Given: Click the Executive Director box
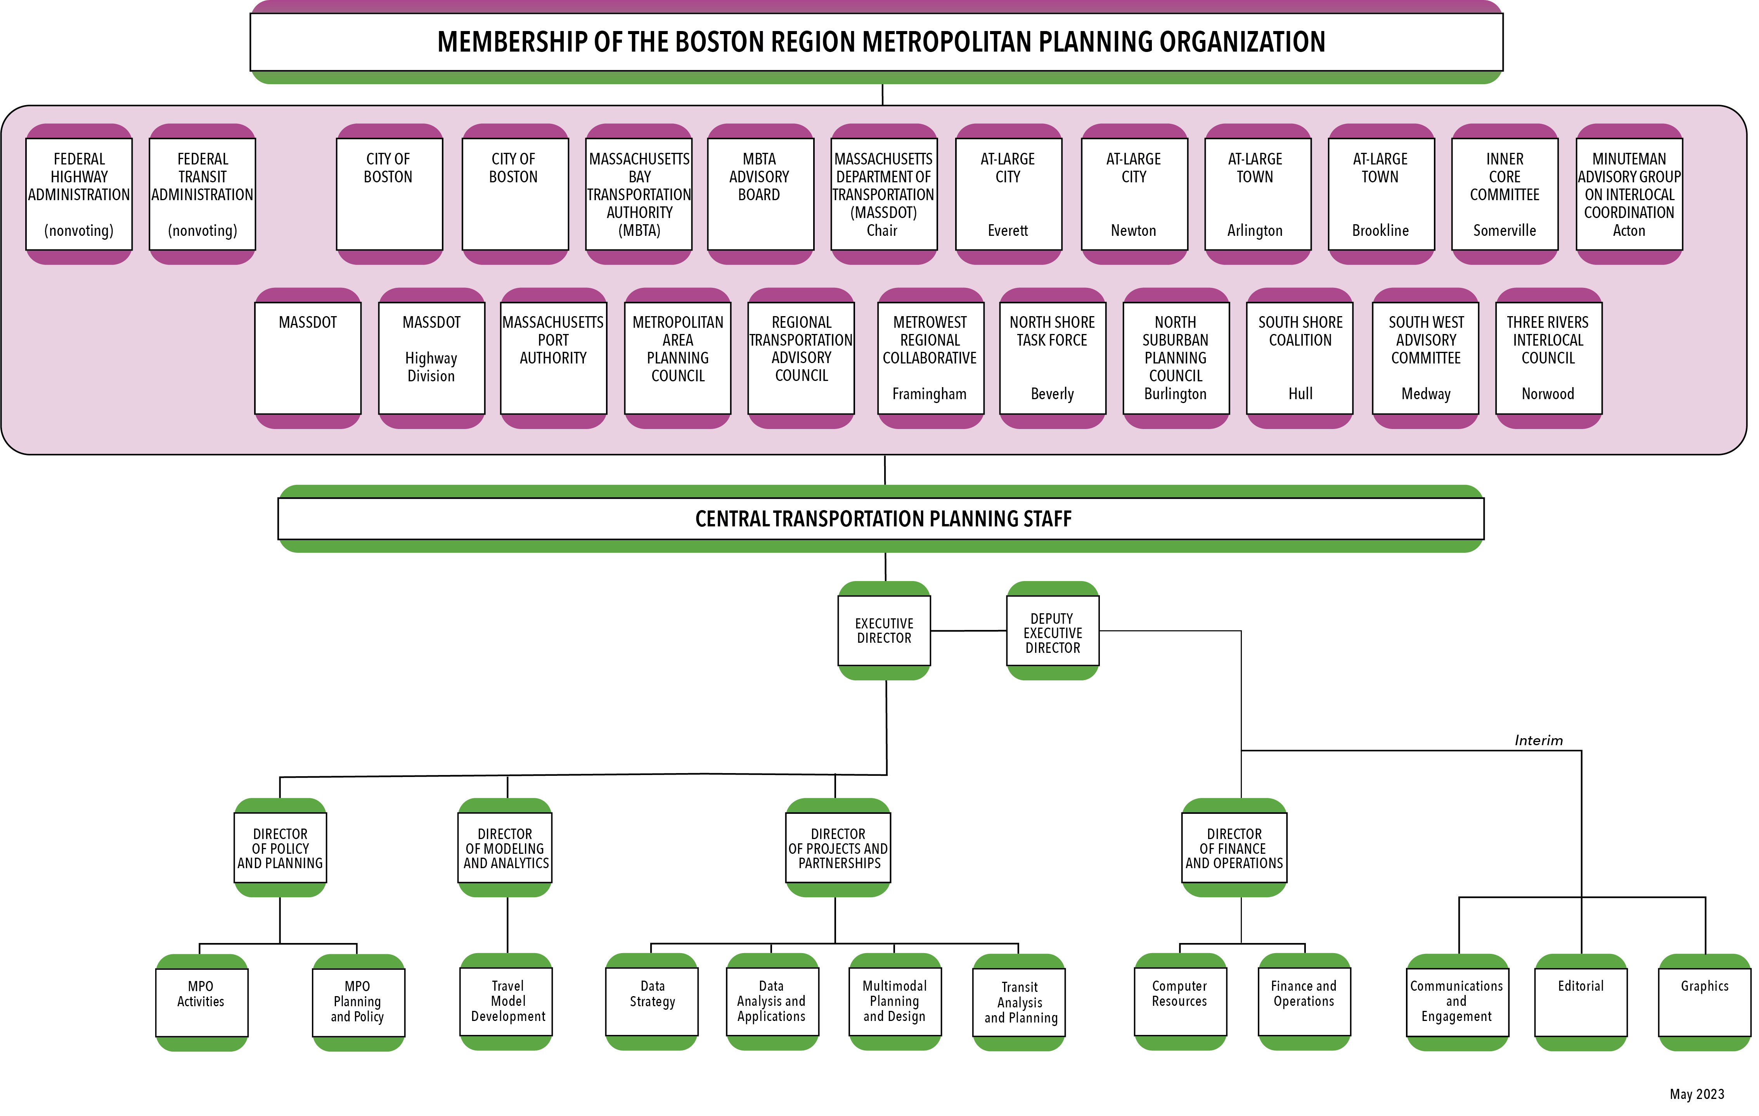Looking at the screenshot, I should pos(884,630).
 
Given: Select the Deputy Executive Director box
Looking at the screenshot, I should pos(1052,633).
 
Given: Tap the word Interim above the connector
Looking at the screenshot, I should pos(1538,741).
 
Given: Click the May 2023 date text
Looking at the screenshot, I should pos(1696,1094).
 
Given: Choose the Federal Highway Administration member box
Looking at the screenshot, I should pos(79,194).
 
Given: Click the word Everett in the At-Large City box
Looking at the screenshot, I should pos(1008,231).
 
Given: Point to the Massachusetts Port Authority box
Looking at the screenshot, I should pos(553,358).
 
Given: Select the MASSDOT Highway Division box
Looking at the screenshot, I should pos(431,358).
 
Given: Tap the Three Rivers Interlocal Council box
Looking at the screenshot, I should pos(1548,358).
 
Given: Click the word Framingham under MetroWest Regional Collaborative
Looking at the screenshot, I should pos(929,394).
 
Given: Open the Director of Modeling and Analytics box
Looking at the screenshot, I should pos(505,848).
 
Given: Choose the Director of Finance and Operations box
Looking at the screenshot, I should pos(1234,848).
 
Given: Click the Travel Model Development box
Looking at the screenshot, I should pos(507,1001).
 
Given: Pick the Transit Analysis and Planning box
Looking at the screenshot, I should pos(1020,1002).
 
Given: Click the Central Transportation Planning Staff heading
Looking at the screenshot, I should pos(883,519).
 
